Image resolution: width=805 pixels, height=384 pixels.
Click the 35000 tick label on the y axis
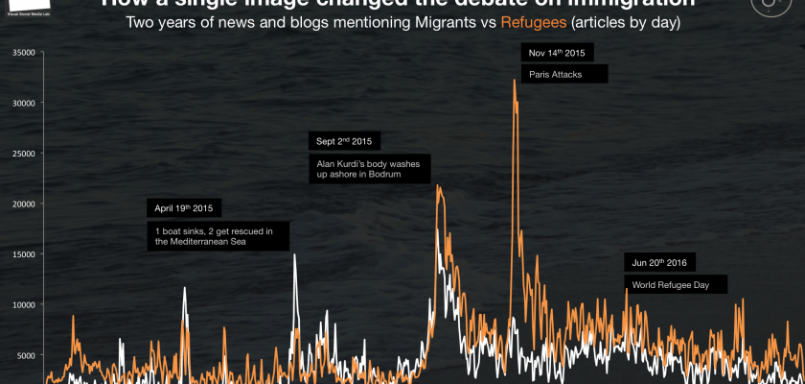click(22, 52)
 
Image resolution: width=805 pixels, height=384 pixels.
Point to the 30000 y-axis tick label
click(22, 103)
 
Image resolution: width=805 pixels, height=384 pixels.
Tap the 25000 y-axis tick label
click(22, 154)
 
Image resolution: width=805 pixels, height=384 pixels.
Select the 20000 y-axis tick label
click(22, 204)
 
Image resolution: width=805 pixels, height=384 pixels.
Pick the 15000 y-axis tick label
click(22, 254)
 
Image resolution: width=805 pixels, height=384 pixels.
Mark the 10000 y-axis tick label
click(22, 304)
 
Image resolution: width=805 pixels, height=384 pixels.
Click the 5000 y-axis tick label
click(24, 355)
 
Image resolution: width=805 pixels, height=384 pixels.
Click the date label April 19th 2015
click(183, 207)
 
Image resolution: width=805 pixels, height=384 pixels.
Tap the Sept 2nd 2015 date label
click(344, 140)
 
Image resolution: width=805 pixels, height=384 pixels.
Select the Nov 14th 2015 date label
click(559, 51)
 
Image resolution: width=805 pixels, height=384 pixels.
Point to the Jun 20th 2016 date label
click(660, 261)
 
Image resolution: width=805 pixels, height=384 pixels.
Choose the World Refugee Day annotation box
click(675, 284)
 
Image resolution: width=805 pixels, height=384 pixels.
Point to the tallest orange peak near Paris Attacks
click(515, 80)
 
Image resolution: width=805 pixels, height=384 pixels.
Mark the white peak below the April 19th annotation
click(185, 287)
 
